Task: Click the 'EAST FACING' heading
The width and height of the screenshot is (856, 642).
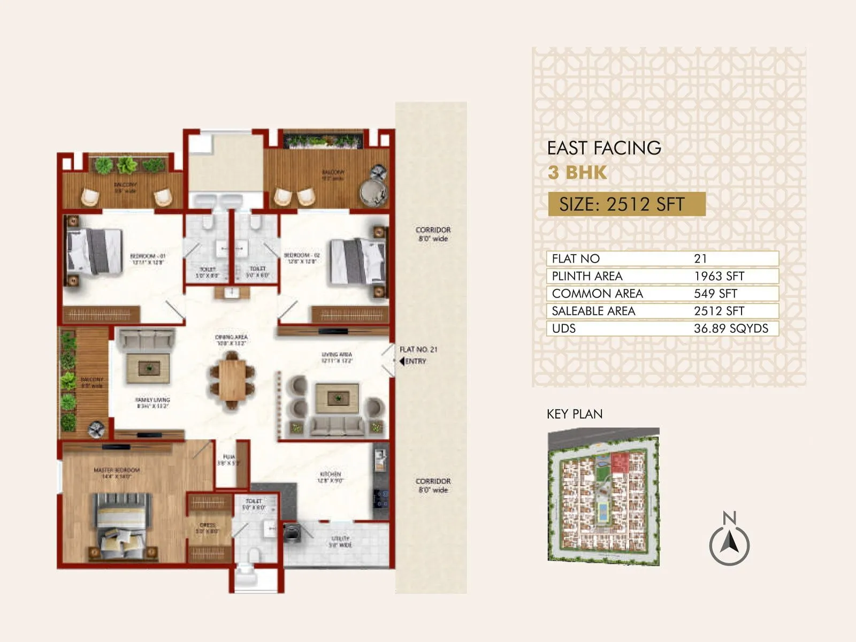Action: pos(604,148)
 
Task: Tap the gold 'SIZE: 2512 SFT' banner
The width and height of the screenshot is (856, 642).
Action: pos(626,204)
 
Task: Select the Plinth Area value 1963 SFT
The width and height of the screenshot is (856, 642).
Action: pos(719,276)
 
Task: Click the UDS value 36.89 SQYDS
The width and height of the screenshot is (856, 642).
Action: pos(730,328)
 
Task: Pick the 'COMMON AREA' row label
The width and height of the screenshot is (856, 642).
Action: pos(597,294)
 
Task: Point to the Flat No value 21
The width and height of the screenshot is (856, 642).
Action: pos(700,258)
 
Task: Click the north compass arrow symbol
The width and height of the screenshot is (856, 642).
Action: pos(729,544)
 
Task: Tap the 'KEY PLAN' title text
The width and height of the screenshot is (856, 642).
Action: pos(574,414)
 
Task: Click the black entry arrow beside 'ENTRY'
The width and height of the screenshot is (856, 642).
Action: pos(402,361)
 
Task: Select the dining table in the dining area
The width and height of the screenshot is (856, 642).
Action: pos(232,379)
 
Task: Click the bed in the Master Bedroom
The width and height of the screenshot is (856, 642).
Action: pos(121,526)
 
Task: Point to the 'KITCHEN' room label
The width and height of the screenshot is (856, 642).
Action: pos(330,474)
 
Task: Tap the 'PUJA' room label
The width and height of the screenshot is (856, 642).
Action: pos(228,457)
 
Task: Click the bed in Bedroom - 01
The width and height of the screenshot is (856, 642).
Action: pos(94,251)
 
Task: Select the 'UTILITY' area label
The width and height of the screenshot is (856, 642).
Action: pos(340,538)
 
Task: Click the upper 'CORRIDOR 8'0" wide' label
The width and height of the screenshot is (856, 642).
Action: pos(433,234)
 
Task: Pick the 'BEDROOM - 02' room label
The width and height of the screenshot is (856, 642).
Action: pos(301,255)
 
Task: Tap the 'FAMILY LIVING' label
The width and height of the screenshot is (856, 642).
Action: pos(152,400)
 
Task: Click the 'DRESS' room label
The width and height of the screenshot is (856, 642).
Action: pos(207,525)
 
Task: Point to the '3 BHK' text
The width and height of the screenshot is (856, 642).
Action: pos(577,173)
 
